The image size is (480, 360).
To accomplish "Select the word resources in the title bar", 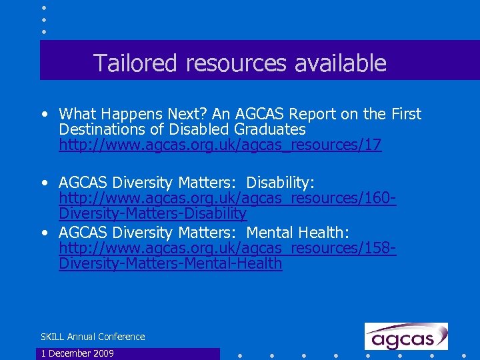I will click(x=235, y=63).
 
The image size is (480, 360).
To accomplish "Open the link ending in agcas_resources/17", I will click(x=220, y=145).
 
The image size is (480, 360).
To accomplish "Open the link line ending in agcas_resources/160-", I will click(x=227, y=198).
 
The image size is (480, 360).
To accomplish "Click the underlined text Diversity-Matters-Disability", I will click(x=153, y=213).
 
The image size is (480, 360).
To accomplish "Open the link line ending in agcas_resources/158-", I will click(x=227, y=248).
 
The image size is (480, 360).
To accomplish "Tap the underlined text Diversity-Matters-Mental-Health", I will click(x=171, y=263).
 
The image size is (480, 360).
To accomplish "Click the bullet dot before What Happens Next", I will click(x=44, y=115).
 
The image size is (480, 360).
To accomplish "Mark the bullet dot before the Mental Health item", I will click(x=44, y=233).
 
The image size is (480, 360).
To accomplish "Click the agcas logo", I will click(x=405, y=336).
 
